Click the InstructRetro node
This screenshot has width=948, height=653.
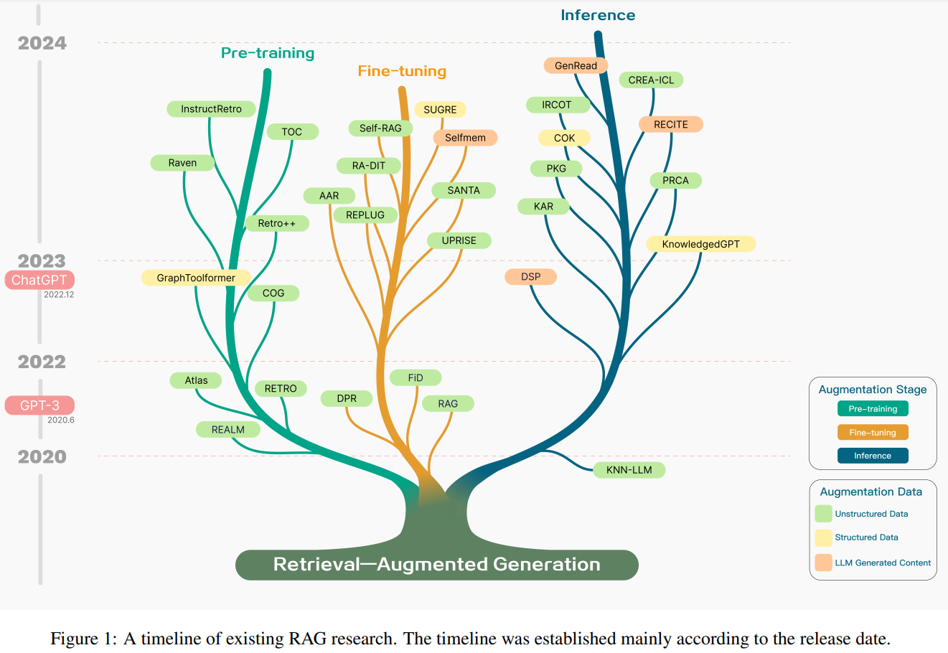(x=211, y=109)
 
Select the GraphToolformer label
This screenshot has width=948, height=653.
(x=196, y=278)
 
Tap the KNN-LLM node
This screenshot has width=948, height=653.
(x=629, y=470)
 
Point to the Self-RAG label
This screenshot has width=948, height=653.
(x=380, y=128)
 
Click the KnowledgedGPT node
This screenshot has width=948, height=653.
(x=700, y=244)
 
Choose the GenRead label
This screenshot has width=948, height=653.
(x=576, y=66)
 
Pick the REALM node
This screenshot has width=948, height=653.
(x=227, y=430)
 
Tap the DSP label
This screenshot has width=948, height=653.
(x=530, y=277)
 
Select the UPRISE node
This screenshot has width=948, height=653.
(x=459, y=240)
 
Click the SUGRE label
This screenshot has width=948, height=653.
(x=440, y=110)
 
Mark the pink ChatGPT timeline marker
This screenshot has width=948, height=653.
(x=39, y=280)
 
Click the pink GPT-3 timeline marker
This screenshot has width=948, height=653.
(x=39, y=405)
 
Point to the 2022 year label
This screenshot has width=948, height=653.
(x=42, y=362)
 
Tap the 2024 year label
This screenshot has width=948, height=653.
(x=42, y=43)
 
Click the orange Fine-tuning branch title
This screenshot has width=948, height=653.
(x=402, y=71)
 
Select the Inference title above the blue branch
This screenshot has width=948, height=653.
(x=598, y=15)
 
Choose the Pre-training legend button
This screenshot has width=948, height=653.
(x=873, y=409)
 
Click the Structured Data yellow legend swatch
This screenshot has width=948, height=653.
(x=823, y=537)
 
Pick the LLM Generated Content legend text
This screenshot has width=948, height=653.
(x=883, y=563)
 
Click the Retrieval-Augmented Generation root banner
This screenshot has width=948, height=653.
(x=436, y=565)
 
